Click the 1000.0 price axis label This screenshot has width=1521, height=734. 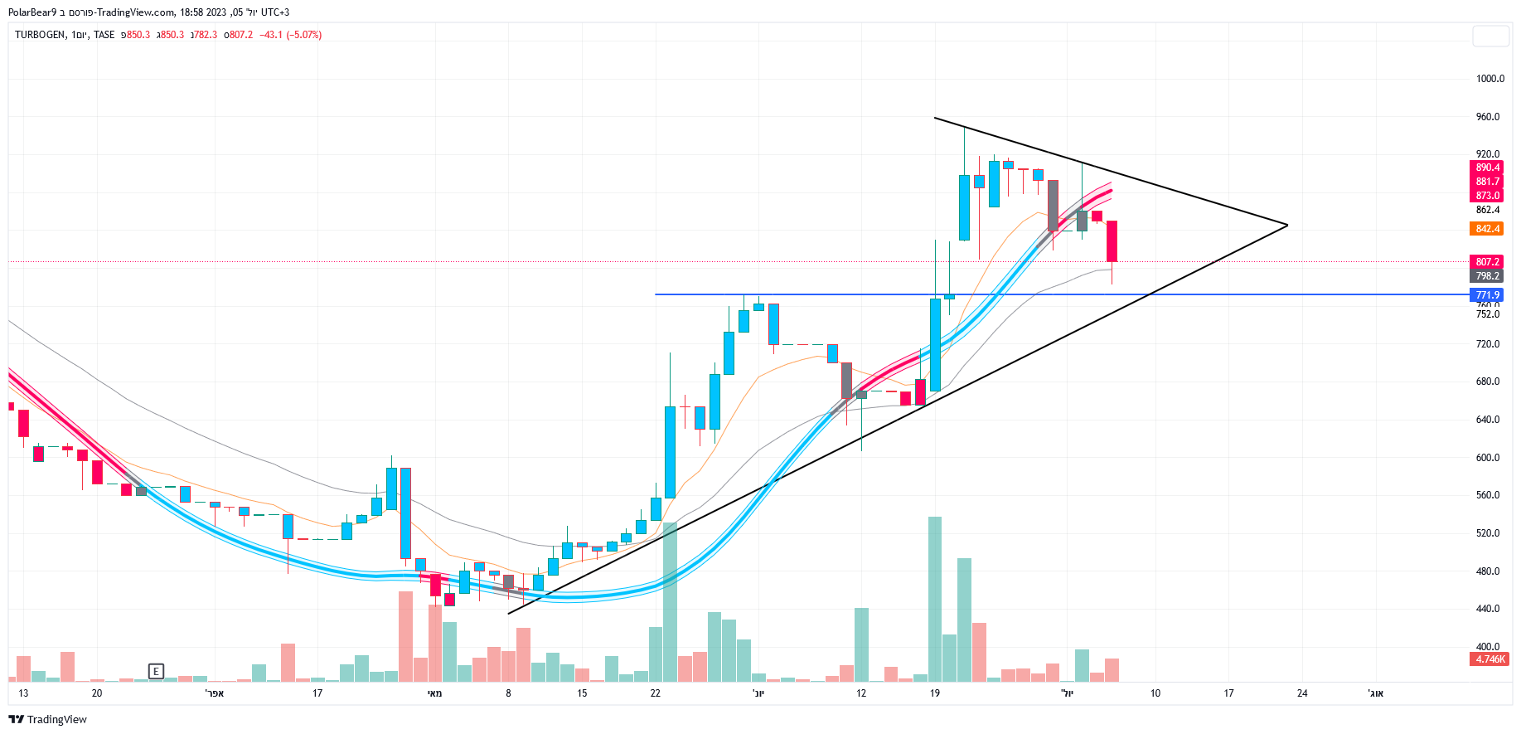click(x=1490, y=79)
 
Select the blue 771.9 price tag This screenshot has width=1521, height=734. click(x=1487, y=295)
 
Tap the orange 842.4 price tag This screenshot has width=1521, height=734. click(x=1487, y=229)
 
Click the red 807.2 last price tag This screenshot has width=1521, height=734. click(x=1487, y=262)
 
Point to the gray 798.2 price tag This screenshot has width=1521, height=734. click(x=1487, y=276)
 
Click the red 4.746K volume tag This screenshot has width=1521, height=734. click(x=1490, y=659)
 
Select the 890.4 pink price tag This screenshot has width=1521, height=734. click(x=1487, y=168)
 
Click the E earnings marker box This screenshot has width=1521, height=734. click(x=156, y=671)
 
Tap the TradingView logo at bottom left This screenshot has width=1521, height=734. click(x=47, y=719)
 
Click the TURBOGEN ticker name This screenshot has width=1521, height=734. click(x=40, y=35)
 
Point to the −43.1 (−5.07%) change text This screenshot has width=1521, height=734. click(x=290, y=35)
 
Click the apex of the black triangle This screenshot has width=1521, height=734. click(x=1287, y=225)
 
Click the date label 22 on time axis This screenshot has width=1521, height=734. click(x=655, y=693)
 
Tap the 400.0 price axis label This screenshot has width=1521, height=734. click(x=1487, y=647)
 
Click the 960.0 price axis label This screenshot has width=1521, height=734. click(x=1487, y=117)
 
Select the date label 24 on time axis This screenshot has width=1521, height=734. click(x=1302, y=693)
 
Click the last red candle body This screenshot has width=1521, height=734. click(x=1112, y=241)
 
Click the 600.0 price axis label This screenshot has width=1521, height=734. click(x=1487, y=458)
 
